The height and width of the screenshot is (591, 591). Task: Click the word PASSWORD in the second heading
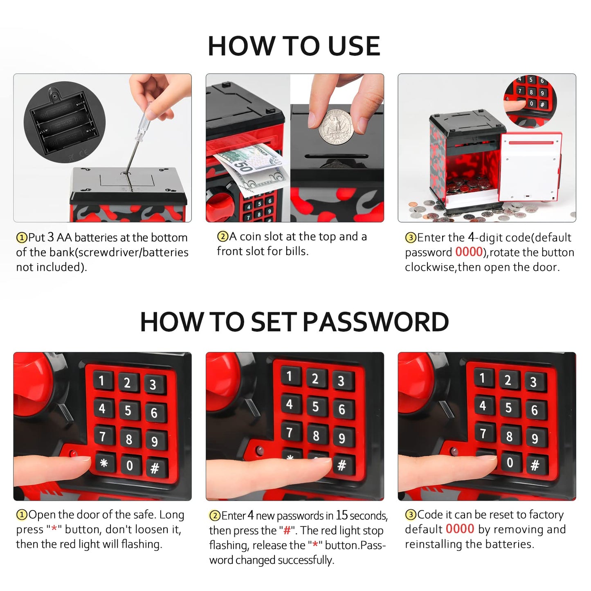pyautogui.click(x=376, y=322)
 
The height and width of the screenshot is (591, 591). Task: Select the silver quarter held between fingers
pyautogui.click(x=336, y=128)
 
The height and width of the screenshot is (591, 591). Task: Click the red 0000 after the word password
pyautogui.click(x=469, y=252)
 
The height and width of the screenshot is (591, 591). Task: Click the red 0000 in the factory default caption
pyautogui.click(x=460, y=529)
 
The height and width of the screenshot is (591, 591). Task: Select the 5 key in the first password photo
pyautogui.click(x=128, y=410)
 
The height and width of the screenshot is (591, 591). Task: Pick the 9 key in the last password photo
pyautogui.click(x=535, y=438)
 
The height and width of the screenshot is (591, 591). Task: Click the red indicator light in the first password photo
pyautogui.click(x=73, y=454)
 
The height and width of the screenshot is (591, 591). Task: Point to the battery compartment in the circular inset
pyautogui.click(x=64, y=122)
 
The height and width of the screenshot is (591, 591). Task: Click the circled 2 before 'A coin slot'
pyautogui.click(x=223, y=236)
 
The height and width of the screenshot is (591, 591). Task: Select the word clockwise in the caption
pyautogui.click(x=429, y=267)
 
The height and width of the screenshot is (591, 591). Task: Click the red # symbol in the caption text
pyautogui.click(x=288, y=530)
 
